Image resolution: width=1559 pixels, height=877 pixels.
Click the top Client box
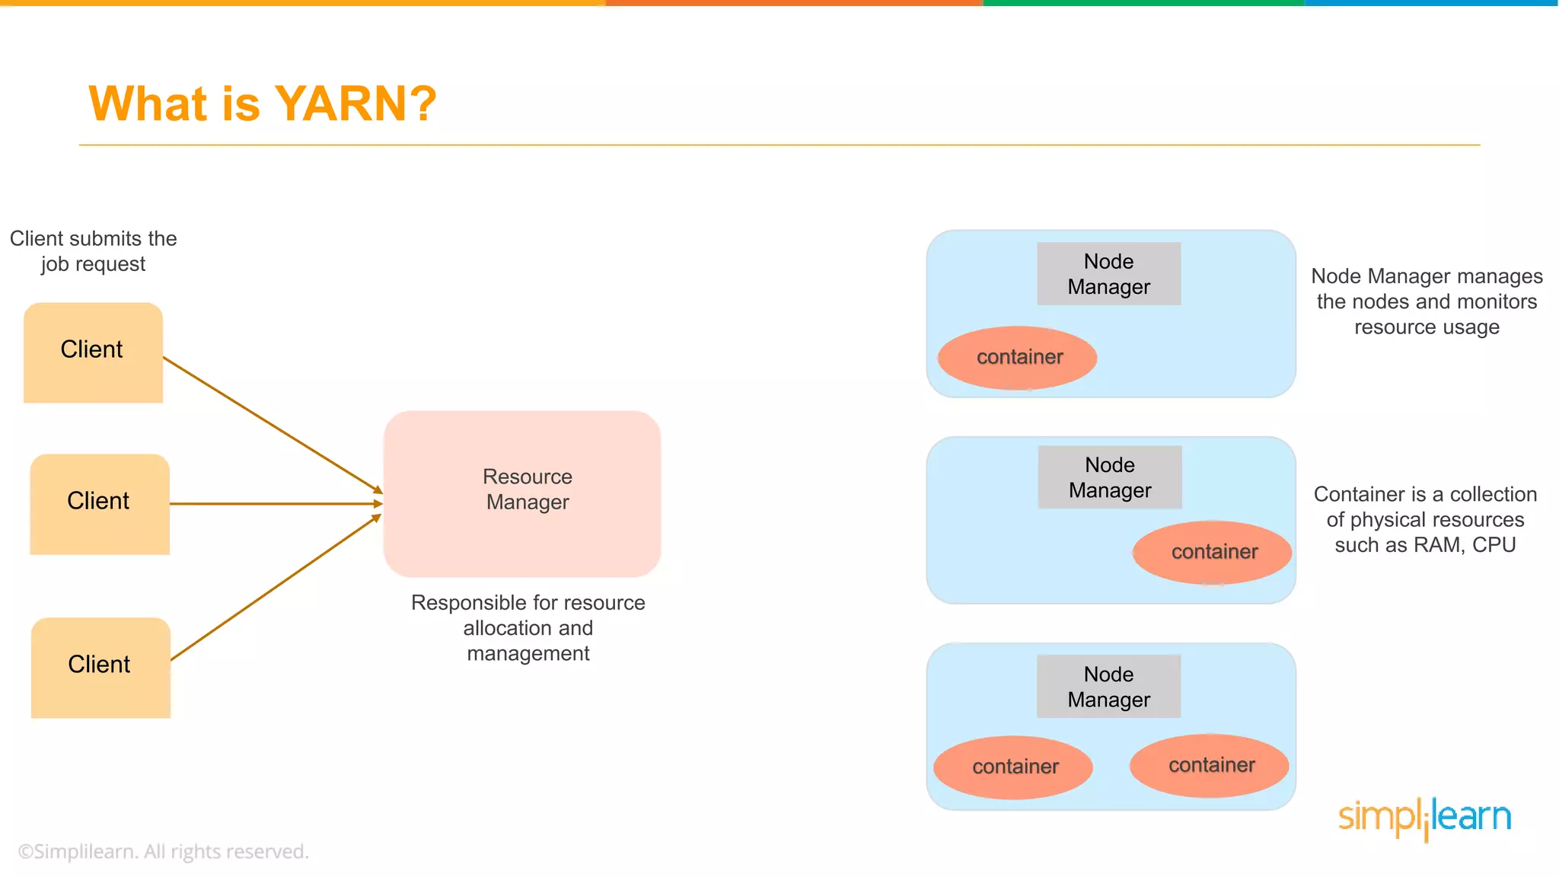[93, 352]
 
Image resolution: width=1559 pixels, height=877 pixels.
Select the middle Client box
[99, 503]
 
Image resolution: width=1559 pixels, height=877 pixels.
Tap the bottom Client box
[100, 667]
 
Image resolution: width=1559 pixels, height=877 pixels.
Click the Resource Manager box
[522, 493]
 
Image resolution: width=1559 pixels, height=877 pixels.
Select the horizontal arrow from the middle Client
[274, 504]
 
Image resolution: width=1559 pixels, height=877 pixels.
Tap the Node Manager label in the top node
[1108, 274]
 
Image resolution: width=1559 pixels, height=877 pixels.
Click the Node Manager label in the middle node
[1110, 477]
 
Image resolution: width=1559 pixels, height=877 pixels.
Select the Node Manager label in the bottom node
[1108, 687]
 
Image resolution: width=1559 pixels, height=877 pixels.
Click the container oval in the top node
[1017, 358]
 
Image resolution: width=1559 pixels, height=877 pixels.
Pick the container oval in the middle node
[1212, 553]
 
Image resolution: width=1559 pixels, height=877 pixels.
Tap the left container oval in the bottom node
[1013, 767]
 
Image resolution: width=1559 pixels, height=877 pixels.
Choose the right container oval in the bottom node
[1210, 766]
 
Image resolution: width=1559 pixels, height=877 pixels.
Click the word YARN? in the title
[355, 104]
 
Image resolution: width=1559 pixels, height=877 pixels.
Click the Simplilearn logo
[1424, 818]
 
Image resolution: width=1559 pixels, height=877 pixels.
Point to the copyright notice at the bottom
[163, 852]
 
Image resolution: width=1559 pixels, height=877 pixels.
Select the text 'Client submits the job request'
[93, 251]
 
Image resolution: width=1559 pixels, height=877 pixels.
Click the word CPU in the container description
[1494, 545]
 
